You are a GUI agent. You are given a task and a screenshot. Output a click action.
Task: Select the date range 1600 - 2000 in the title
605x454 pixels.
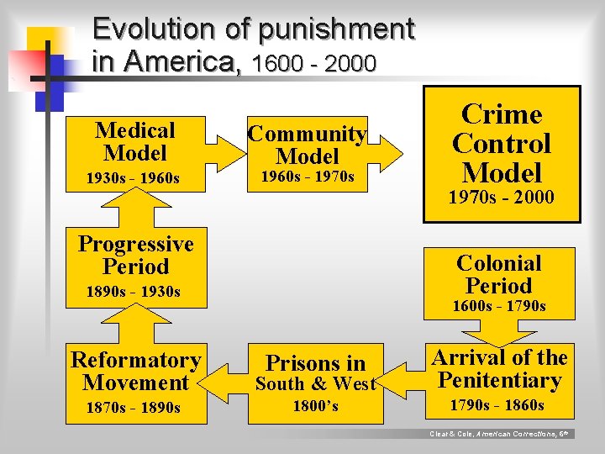[313, 63]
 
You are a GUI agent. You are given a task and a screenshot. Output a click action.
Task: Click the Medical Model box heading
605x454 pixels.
[134, 141]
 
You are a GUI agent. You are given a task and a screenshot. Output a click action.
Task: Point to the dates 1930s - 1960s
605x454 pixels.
[134, 178]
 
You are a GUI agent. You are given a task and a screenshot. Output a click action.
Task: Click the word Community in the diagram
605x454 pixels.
[308, 134]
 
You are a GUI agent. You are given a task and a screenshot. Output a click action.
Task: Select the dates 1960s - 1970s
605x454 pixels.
[308, 177]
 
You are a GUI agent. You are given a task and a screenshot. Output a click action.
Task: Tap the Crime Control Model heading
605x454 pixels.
[502, 144]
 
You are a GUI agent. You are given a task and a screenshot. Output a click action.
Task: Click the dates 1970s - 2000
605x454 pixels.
[501, 198]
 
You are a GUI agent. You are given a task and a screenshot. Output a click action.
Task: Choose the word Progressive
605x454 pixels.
[135, 244]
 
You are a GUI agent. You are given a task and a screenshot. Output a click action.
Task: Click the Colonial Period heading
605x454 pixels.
[498, 274]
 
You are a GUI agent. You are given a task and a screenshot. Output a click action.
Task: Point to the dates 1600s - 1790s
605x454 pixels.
[499, 306]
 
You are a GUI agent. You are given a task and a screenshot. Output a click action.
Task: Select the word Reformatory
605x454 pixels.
[135, 360]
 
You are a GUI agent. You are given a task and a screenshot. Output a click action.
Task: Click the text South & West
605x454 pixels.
[315, 384]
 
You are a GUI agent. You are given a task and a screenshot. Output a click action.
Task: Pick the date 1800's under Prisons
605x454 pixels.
[315, 406]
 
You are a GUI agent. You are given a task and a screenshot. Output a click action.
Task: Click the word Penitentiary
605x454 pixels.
[499, 381]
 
